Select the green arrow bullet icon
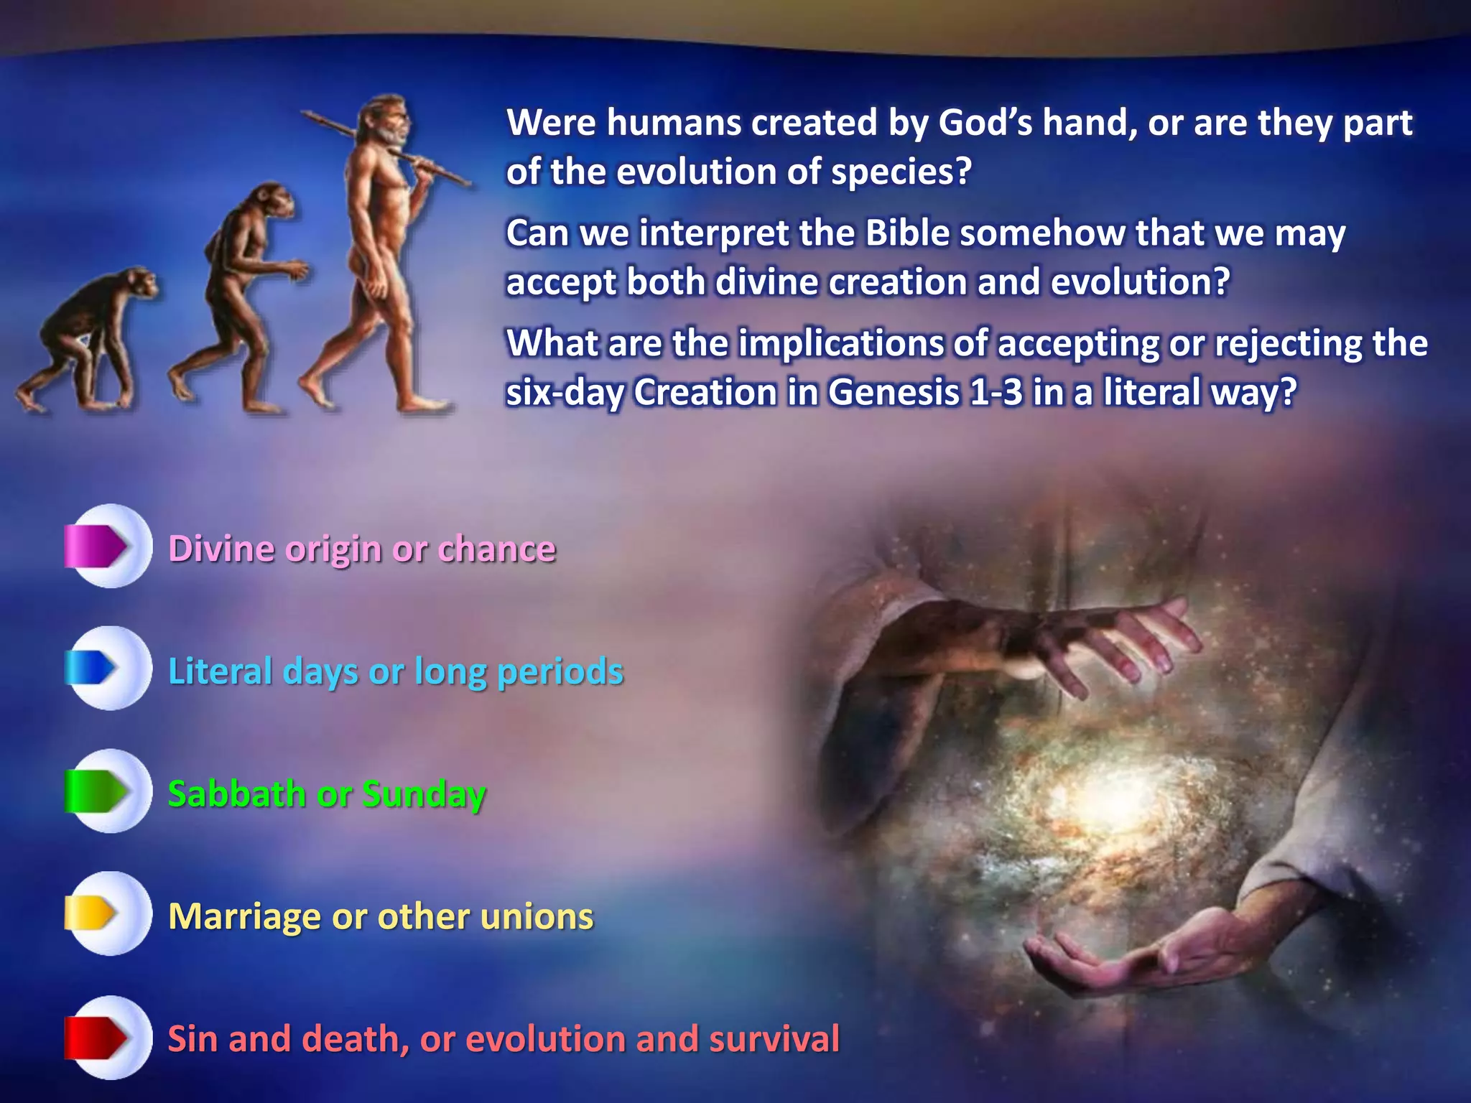coord(97,791)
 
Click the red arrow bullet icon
coord(97,1038)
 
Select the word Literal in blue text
coord(220,671)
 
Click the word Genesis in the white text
coord(894,392)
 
